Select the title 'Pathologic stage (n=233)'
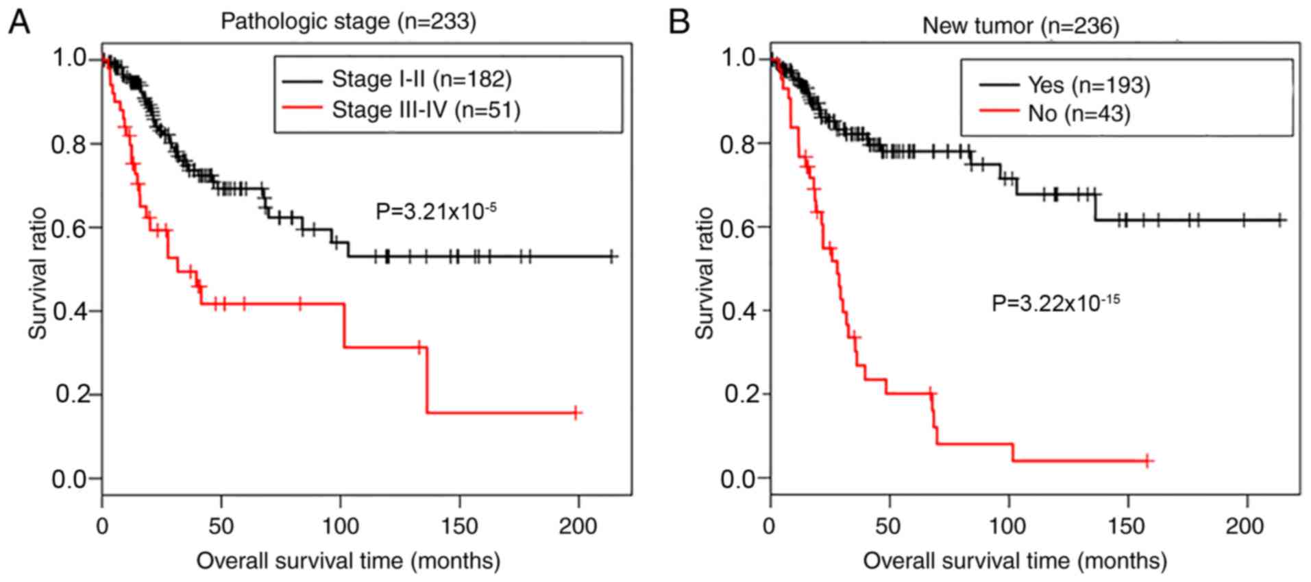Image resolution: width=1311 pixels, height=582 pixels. coord(348,21)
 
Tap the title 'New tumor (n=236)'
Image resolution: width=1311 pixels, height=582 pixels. coord(1020,25)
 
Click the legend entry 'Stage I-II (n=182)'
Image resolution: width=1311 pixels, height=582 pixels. coord(421,80)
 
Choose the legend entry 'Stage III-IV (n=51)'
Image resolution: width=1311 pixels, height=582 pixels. coord(426,110)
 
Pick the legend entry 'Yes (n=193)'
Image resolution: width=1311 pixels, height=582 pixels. coord(1088,85)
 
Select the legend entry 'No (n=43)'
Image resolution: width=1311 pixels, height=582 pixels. coord(1078,113)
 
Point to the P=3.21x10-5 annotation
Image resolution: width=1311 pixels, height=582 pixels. coord(436,210)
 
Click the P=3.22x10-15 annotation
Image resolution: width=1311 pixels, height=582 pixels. coord(1055,302)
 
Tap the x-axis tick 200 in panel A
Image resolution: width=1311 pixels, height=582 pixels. coord(578,526)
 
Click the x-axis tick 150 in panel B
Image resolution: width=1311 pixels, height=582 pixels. coord(1126,526)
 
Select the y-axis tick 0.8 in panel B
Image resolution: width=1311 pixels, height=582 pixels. coord(737,144)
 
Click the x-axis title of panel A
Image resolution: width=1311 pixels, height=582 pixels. coord(348,561)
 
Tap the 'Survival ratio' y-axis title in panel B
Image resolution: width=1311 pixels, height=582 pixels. coord(704,273)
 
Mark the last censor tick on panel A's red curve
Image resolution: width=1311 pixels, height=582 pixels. coord(576,413)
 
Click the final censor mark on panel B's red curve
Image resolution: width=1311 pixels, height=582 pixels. coord(1147,461)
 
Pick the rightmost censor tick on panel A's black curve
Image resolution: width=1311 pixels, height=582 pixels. coord(611,256)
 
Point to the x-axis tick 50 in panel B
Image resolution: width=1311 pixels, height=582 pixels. coord(888,526)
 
